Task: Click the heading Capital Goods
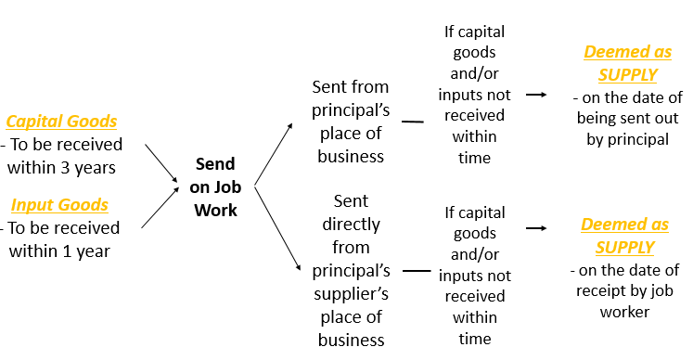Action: [61, 122]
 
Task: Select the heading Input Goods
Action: [59, 204]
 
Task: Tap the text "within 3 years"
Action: [61, 168]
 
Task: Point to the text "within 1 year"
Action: [59, 251]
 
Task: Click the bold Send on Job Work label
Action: [215, 186]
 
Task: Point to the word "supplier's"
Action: [351, 293]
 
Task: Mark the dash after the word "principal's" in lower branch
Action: [417, 271]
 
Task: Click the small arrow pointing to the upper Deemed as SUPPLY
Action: [535, 94]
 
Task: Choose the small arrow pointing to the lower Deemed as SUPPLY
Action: [535, 227]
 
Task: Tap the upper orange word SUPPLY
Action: [627, 74]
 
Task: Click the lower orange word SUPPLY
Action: [624, 247]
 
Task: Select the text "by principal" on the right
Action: [627, 139]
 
